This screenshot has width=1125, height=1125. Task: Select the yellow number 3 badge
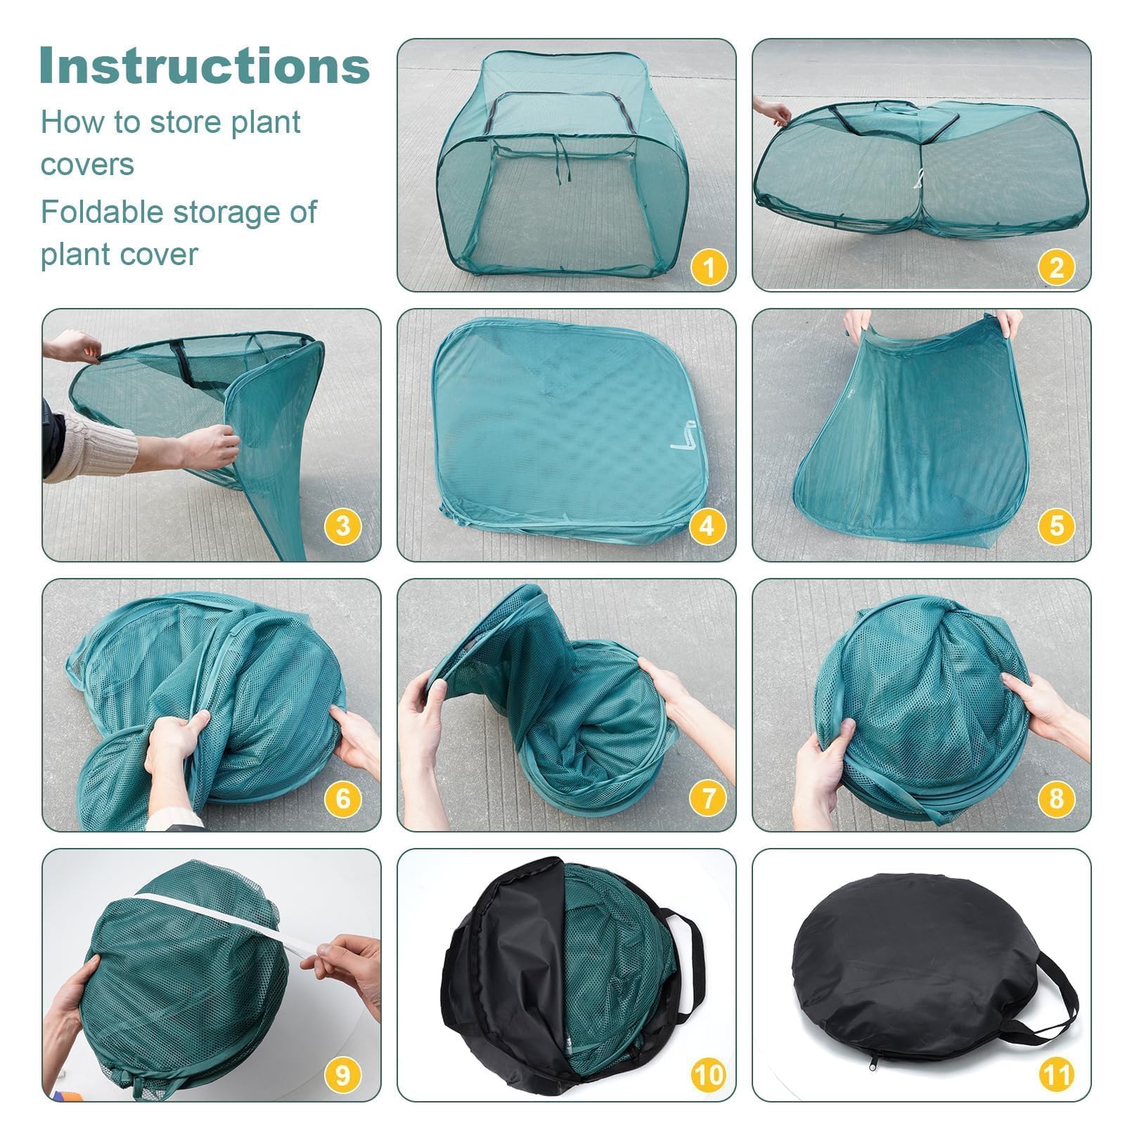pyautogui.click(x=343, y=525)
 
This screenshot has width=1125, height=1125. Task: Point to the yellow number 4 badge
pyautogui.click(x=708, y=525)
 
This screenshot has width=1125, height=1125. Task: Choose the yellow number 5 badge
pyautogui.click(x=1056, y=525)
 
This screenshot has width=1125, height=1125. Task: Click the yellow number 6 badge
pyautogui.click(x=343, y=797)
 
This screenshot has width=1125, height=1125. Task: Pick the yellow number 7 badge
pyautogui.click(x=708, y=797)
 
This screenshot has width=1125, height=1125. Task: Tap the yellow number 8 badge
pyautogui.click(x=1056, y=797)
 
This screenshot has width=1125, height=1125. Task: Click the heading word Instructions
pyautogui.click(x=205, y=65)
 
